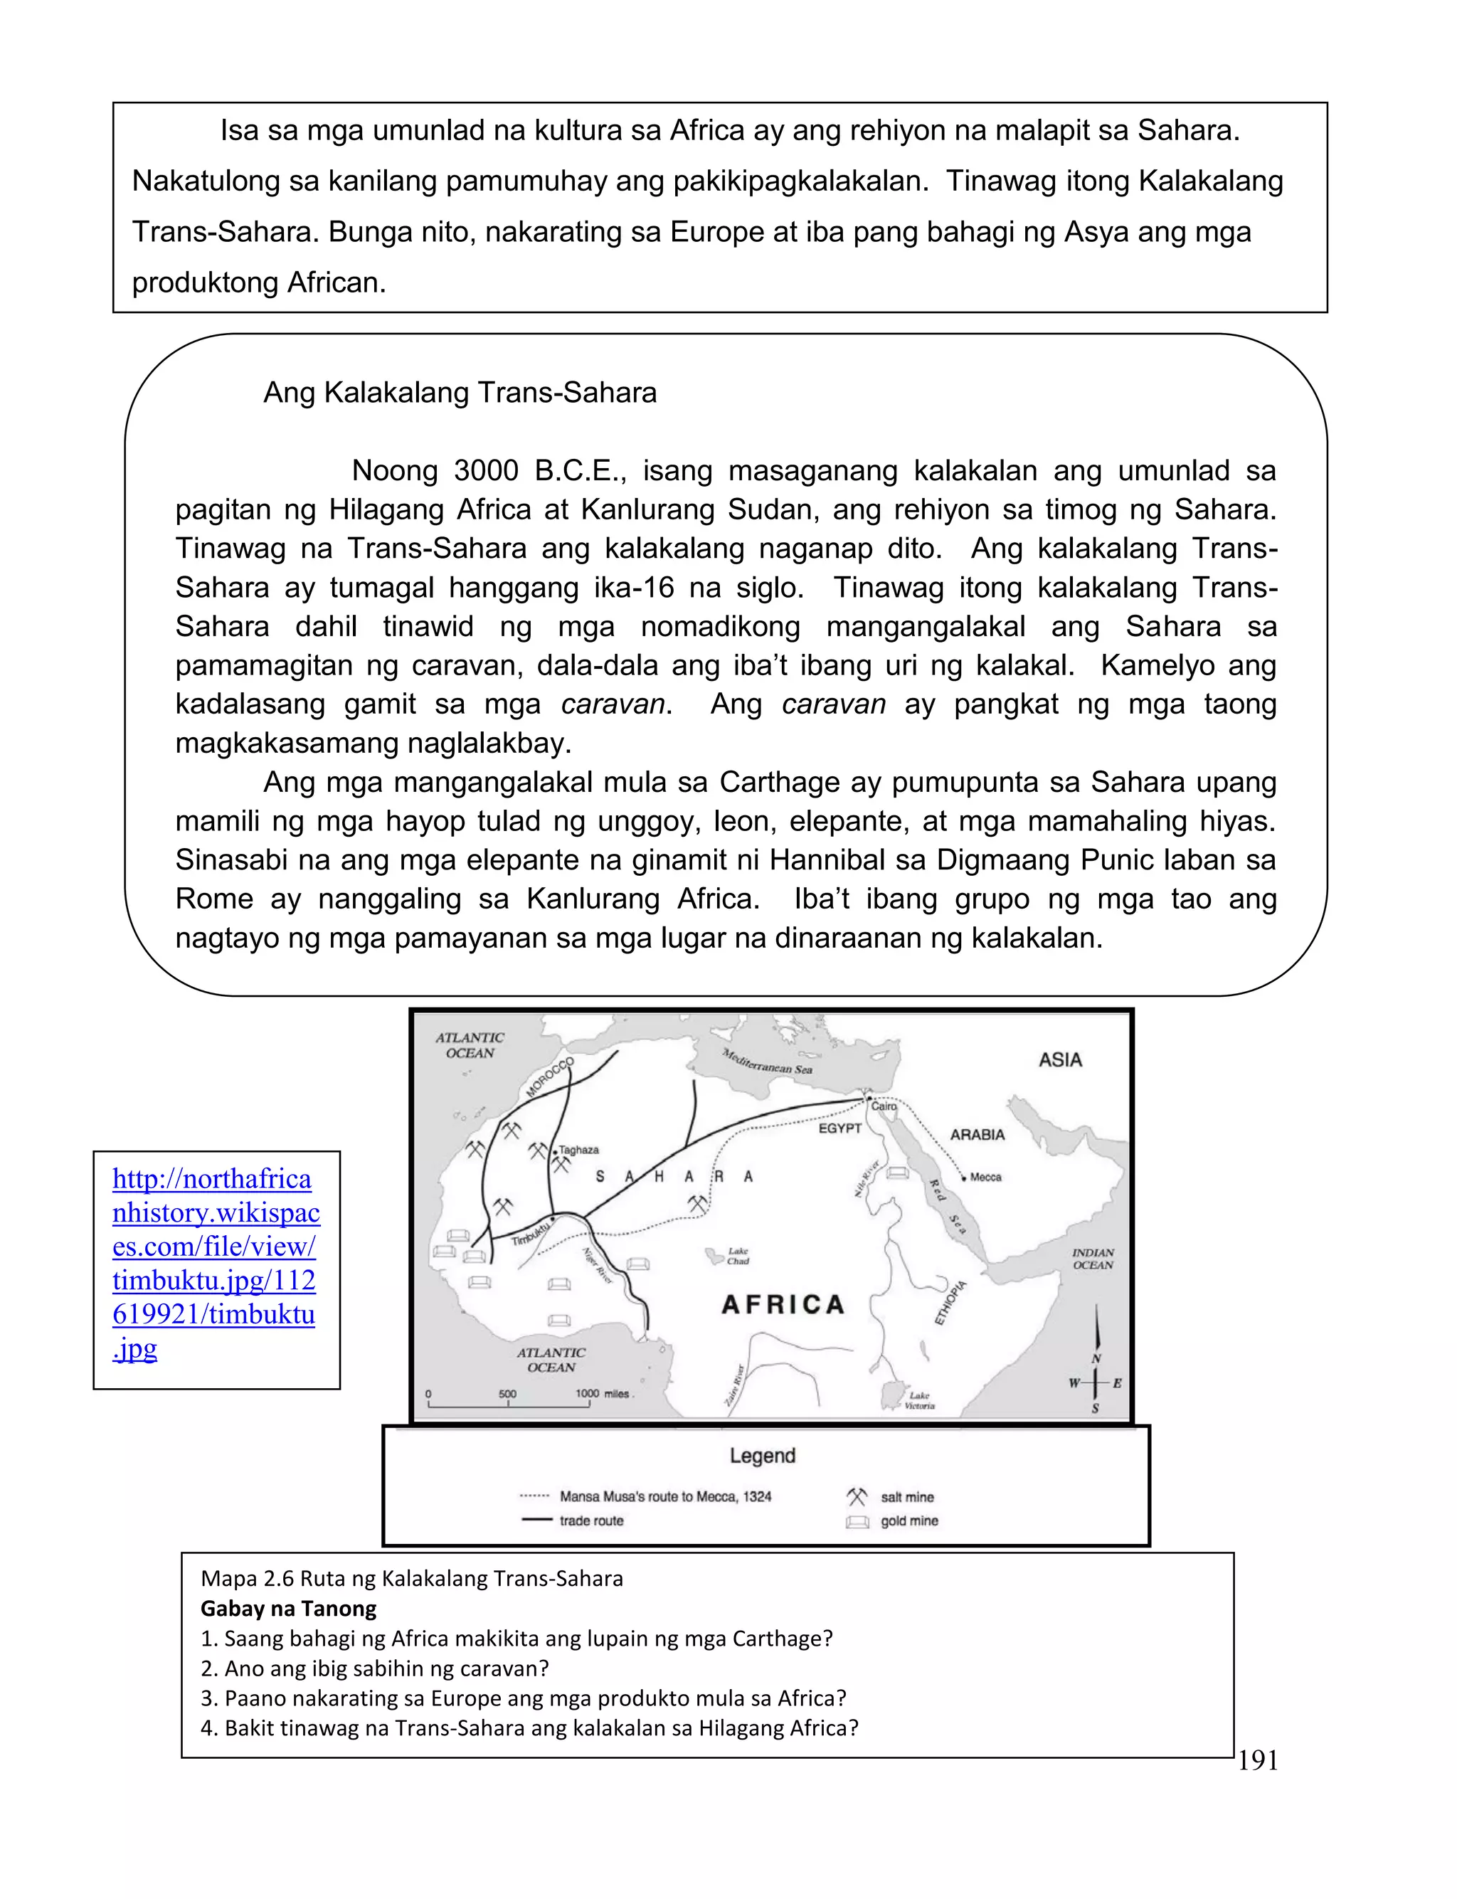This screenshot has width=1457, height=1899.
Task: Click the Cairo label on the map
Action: [x=884, y=1106]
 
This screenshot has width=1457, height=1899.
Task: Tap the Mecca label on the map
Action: [x=985, y=1178]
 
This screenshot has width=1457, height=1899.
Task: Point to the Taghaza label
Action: [x=578, y=1150]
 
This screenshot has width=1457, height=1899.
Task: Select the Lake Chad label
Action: [x=738, y=1256]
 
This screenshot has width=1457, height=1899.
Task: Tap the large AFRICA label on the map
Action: [x=783, y=1305]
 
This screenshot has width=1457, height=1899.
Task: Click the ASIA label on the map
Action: [x=1060, y=1059]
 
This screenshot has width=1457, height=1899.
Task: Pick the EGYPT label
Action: [x=839, y=1128]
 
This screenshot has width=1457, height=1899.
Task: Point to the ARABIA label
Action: [x=977, y=1134]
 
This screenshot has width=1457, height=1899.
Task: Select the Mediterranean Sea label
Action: [x=768, y=1062]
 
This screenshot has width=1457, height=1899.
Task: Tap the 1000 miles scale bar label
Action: [x=603, y=1393]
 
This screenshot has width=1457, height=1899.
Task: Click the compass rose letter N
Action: [x=1096, y=1359]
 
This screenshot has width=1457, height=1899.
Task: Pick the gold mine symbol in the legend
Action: [x=857, y=1522]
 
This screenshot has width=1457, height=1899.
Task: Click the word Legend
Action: [x=763, y=1456]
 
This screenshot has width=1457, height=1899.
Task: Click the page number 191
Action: [x=1258, y=1760]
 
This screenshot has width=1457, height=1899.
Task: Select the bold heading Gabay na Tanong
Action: [x=289, y=1609]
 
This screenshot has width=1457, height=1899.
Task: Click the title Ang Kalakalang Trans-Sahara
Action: [x=460, y=393]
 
